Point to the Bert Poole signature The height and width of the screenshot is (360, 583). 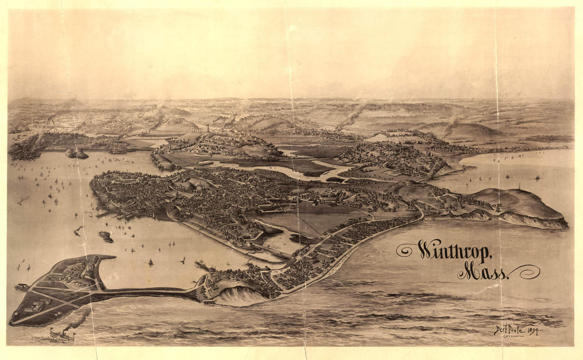click(x=510, y=329)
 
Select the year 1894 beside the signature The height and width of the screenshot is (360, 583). click(x=533, y=330)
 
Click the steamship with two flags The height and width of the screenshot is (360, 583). click(x=61, y=335)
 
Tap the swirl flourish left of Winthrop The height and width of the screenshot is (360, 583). click(x=406, y=249)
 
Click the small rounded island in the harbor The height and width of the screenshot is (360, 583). click(x=77, y=153)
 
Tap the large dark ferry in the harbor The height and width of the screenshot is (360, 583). click(x=106, y=236)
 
